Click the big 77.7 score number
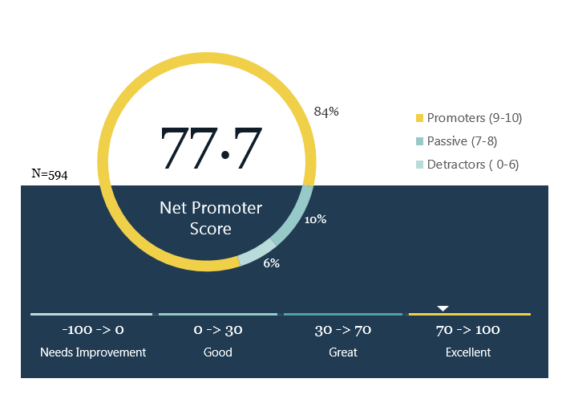[x=211, y=148]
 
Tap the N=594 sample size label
[x=50, y=174]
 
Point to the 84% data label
[x=326, y=112]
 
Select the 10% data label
[x=315, y=219]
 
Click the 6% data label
[x=271, y=263]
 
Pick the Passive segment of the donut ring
[x=295, y=218]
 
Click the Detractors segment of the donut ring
[x=257, y=253]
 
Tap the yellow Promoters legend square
[x=419, y=118]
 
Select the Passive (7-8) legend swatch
[x=419, y=141]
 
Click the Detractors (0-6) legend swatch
[x=419, y=165]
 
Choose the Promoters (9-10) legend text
[x=475, y=118]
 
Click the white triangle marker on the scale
[x=443, y=308]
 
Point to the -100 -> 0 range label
[x=93, y=330]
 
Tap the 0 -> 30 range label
[x=218, y=330]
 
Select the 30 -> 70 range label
[x=343, y=330]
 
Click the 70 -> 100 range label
[x=468, y=330]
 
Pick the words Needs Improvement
[x=93, y=352]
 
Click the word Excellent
[x=468, y=352]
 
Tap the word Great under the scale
[x=343, y=352]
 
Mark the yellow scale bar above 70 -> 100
[x=470, y=314]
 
